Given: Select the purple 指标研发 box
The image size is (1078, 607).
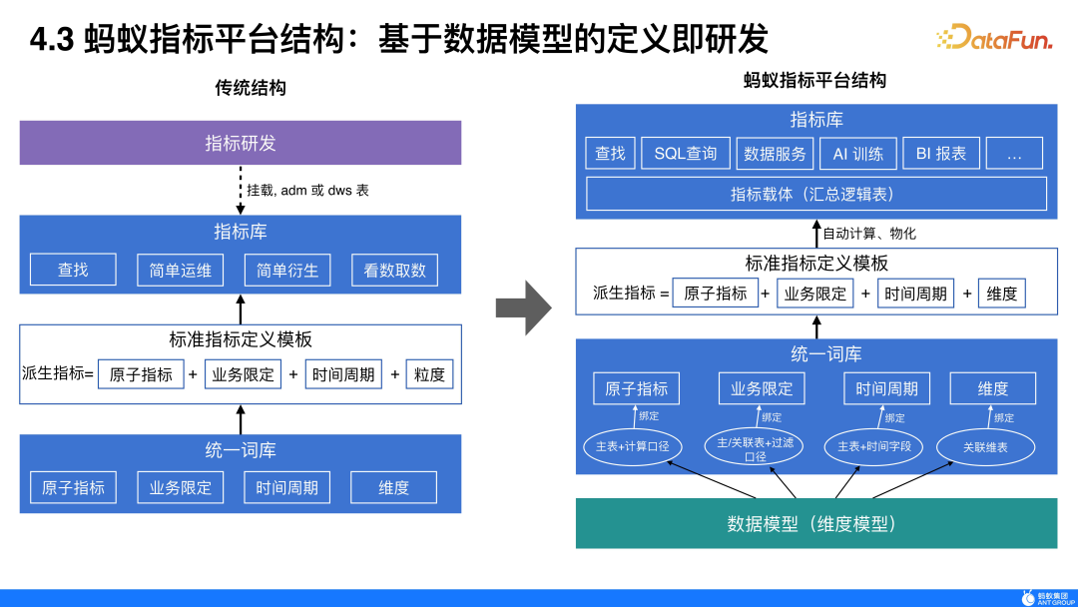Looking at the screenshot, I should point(241,143).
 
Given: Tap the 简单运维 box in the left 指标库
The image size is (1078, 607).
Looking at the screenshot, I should point(181,270).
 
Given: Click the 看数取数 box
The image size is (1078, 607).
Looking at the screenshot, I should point(394,270).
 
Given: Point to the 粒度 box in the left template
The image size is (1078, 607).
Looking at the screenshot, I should point(429,374).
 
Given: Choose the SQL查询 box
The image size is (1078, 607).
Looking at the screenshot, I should point(686,153).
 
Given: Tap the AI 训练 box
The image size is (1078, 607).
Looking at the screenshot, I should point(857,153).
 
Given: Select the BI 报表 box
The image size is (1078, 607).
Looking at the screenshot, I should point(940,153).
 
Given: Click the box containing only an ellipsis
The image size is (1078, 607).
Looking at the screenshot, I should point(1014,153).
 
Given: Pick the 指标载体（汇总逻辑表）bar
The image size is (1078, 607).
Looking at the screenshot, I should point(815,194).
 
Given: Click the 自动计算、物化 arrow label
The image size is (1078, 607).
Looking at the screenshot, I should point(868,233).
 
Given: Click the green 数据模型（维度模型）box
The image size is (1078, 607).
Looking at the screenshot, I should point(815,523).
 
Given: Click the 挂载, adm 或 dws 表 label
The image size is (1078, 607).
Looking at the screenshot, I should point(307,189).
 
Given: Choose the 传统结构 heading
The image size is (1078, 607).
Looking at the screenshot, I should point(251,88).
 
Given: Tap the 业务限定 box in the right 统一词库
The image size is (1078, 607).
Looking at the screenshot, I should point(762,388).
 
